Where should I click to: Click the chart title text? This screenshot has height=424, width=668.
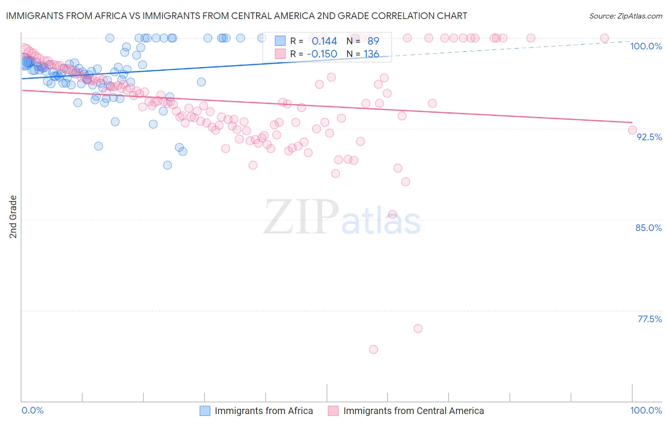click(236, 16)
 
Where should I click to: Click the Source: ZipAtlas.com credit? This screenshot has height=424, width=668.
click(625, 16)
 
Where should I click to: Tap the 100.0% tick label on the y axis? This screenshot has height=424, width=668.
click(646, 46)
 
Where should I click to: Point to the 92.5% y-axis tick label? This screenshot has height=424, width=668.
click(649, 137)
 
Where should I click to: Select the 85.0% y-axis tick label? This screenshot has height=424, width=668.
click(649, 228)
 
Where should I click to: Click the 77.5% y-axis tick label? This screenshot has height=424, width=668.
click(649, 319)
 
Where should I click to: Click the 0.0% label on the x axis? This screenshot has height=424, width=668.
click(32, 410)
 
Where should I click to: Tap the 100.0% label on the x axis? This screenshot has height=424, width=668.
click(646, 410)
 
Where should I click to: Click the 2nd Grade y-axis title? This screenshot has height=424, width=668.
click(13, 217)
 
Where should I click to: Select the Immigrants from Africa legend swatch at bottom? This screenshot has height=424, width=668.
click(205, 411)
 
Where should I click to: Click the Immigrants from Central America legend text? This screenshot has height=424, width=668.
click(413, 411)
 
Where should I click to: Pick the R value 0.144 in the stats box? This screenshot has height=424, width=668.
click(324, 41)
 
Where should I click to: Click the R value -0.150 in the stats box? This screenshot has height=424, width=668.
click(322, 54)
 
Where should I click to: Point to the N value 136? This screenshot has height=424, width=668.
click(371, 54)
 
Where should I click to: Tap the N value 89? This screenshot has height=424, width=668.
click(373, 41)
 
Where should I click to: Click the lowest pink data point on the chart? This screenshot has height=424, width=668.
click(373, 349)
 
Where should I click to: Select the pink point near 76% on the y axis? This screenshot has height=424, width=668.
click(418, 328)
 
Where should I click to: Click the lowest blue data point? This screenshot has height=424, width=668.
click(167, 165)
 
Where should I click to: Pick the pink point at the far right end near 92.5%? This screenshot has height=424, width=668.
click(632, 130)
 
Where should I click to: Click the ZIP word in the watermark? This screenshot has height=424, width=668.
click(301, 217)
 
